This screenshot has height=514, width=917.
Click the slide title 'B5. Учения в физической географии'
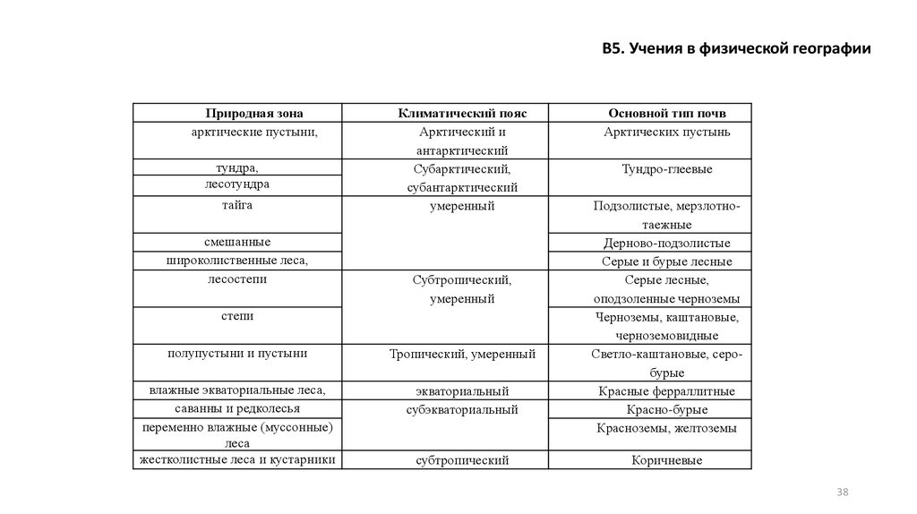(x=736, y=49)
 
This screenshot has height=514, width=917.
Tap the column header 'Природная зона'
(x=254, y=114)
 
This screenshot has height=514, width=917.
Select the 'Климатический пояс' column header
(x=462, y=114)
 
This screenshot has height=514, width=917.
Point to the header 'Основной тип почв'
(x=666, y=114)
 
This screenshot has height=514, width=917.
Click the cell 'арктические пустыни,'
(x=255, y=132)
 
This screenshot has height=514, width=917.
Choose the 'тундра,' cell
(x=237, y=167)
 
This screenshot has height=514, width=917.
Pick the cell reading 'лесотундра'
(x=237, y=184)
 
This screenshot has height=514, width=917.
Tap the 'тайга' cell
(x=237, y=206)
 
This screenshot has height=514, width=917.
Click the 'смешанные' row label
(x=237, y=242)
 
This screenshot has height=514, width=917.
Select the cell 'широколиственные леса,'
(x=237, y=261)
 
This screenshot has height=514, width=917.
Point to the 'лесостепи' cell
(x=237, y=279)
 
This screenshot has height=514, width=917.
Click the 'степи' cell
(x=237, y=316)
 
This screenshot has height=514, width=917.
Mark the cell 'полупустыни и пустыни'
(x=237, y=354)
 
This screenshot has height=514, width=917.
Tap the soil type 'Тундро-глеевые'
(x=666, y=168)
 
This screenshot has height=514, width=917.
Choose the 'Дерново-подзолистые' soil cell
(x=666, y=243)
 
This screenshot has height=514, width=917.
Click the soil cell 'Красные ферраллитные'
(x=666, y=391)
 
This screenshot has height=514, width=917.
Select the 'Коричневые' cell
(x=666, y=460)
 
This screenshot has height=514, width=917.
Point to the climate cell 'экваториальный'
(x=462, y=391)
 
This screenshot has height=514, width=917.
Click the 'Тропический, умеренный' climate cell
(x=462, y=355)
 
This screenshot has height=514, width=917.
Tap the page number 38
(x=842, y=493)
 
